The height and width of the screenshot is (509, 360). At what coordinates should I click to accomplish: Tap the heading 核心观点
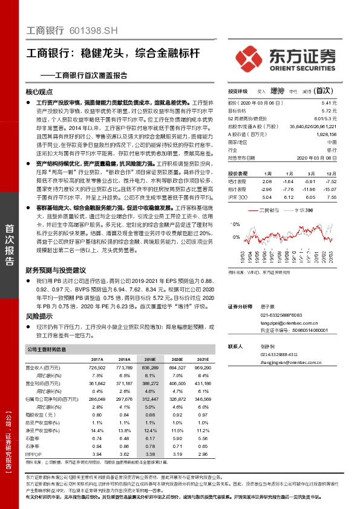pos(40,92)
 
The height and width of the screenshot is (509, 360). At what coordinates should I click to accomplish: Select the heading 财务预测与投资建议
pos(56,269)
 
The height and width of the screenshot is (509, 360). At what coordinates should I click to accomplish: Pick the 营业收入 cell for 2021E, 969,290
pos(201,367)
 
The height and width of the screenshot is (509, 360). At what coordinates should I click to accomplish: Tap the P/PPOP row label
pos(34,453)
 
